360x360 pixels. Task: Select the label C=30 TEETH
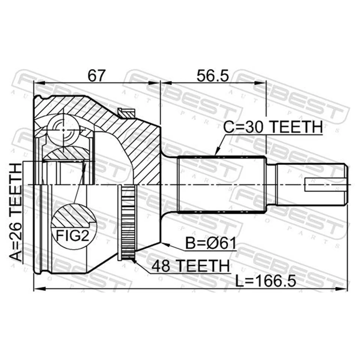point(273,127)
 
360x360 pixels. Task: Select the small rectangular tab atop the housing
point(126,112)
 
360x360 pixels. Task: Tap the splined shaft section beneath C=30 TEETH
point(221,184)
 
